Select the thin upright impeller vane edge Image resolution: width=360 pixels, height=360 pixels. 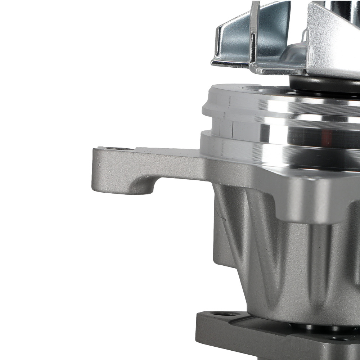coord(255,32)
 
